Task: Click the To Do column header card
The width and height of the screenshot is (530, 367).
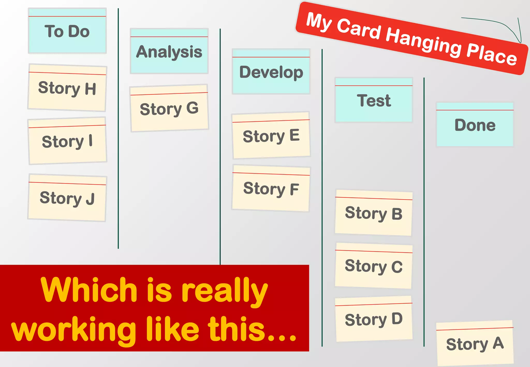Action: [67, 31]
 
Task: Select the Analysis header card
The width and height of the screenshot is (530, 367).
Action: [169, 51]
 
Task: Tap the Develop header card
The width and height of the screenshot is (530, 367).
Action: [271, 72]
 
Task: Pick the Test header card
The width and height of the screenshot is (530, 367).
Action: [374, 100]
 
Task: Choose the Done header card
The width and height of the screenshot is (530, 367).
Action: [475, 125]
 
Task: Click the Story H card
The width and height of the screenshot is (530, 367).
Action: [67, 88]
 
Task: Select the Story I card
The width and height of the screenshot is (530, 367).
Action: [67, 141]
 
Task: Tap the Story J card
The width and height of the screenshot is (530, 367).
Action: [67, 198]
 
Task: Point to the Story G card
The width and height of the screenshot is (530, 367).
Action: [169, 108]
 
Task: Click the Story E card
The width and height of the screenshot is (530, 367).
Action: [271, 136]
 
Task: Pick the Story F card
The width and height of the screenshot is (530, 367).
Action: [271, 188]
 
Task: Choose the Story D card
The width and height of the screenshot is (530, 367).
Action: [374, 319]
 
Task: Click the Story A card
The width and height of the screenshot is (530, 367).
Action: [475, 344]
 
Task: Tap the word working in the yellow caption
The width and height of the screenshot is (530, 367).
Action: [74, 330]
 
